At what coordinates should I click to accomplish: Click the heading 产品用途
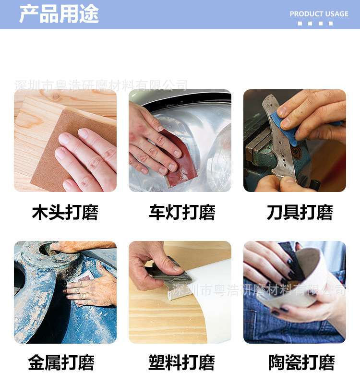59,14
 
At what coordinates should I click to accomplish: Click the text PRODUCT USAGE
319,14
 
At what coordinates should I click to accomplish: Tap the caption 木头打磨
65,212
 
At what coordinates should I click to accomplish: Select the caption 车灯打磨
181,212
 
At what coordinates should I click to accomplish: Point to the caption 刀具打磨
300,212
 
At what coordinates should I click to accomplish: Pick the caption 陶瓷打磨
301,362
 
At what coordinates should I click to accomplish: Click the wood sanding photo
65,141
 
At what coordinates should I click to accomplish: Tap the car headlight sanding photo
180,141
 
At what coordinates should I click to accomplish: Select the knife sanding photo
295,141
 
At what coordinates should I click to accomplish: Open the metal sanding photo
65,292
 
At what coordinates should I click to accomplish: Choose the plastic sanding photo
180,292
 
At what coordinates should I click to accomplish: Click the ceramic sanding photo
295,292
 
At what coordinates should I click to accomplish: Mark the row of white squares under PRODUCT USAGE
315,23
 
